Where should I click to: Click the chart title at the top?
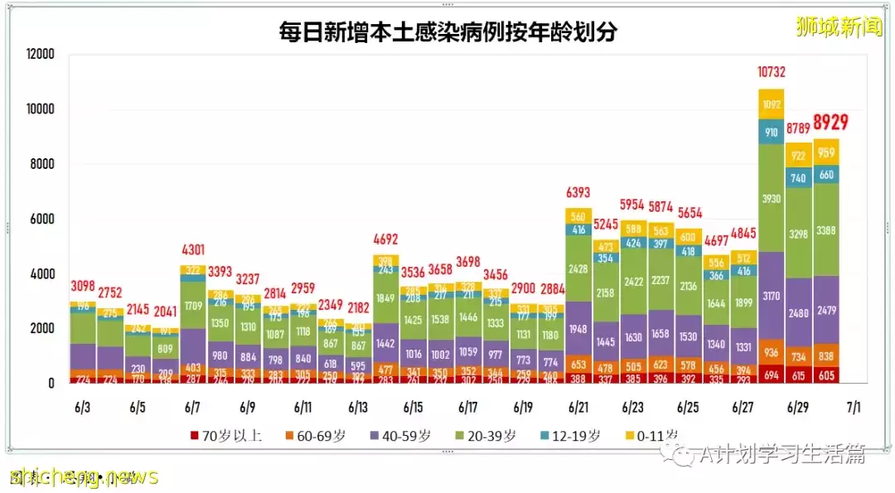(447, 31)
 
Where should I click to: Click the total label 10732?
(771, 73)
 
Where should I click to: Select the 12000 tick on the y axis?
(39, 55)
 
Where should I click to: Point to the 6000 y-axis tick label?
(42, 220)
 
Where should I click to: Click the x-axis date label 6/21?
(578, 408)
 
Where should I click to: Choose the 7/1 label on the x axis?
(852, 408)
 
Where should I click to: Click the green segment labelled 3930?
(771, 199)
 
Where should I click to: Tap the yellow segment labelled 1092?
(771, 104)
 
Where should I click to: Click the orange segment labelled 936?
(771, 352)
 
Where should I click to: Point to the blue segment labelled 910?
(771, 132)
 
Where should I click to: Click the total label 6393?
(578, 192)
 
